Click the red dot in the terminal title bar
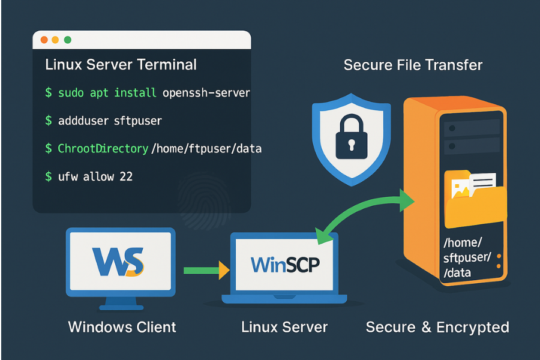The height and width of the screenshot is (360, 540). [x=44, y=40]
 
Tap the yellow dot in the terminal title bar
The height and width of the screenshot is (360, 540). [x=55, y=40]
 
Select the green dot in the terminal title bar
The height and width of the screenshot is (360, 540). [x=67, y=40]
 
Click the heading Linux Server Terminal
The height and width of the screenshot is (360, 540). [x=121, y=64]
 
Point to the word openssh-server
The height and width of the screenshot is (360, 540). [x=206, y=93]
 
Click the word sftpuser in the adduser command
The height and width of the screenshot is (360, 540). [x=137, y=121]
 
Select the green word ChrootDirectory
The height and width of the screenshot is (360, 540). [x=103, y=148]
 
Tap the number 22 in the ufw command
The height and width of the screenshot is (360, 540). [x=125, y=176]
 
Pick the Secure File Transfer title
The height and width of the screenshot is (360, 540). [x=413, y=65]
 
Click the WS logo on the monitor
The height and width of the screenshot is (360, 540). [x=118, y=262]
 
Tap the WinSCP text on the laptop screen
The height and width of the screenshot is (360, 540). [x=284, y=264]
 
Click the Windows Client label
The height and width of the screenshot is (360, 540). [x=122, y=327]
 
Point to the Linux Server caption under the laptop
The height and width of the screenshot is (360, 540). [x=284, y=327]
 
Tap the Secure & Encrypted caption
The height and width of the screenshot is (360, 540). [x=437, y=327]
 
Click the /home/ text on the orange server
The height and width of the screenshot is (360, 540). [x=462, y=243]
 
